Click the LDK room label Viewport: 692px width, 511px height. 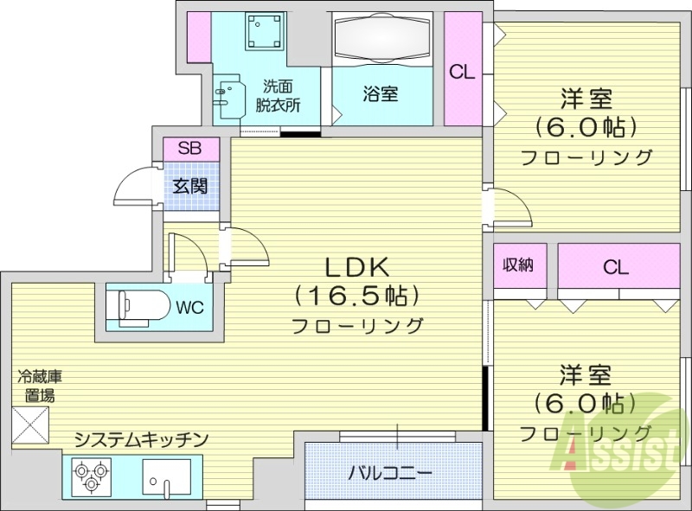pos(357,266)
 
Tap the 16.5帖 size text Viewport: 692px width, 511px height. pos(357,296)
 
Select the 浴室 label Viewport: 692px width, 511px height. pos(381,95)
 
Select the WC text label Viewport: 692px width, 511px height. pos(190,308)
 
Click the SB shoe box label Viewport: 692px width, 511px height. pos(189,149)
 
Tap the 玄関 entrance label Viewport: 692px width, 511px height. pos(189,184)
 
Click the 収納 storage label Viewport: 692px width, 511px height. pos(519,266)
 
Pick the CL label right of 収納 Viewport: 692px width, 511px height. pos(615,267)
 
